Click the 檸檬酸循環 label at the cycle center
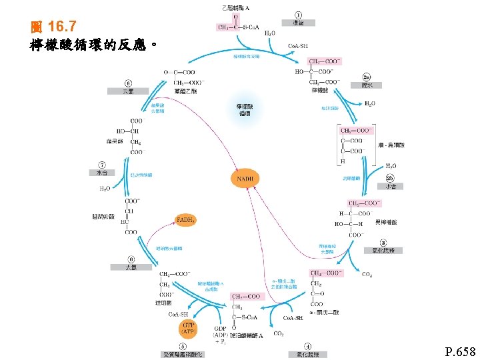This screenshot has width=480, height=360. pyautogui.click(x=245, y=110)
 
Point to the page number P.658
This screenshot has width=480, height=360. pyautogui.click(x=461, y=351)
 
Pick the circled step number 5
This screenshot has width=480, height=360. pyautogui.click(x=182, y=347)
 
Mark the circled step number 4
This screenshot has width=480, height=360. pyautogui.click(x=307, y=347)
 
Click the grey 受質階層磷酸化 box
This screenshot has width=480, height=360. pyautogui.click(x=183, y=355)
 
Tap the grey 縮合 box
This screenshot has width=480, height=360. pyautogui.click(x=298, y=23)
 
